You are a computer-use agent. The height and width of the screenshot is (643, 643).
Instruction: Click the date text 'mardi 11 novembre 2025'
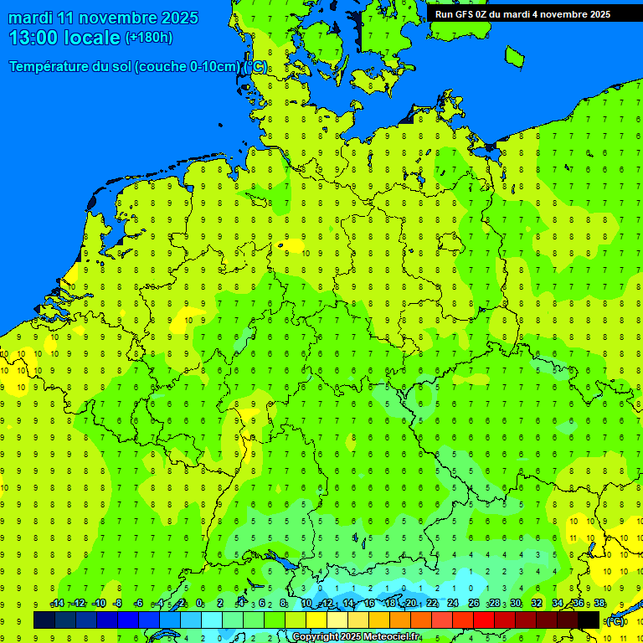coord(104,18)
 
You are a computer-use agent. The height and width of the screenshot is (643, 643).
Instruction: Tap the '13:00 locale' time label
coord(64,38)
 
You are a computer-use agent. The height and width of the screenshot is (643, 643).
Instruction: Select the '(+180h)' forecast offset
coord(149,38)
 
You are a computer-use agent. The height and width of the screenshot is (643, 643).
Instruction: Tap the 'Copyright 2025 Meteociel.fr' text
coord(356,637)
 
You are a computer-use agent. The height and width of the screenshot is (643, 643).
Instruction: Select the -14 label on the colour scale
coord(57,604)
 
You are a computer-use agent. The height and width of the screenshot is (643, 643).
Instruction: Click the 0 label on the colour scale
coord(199,604)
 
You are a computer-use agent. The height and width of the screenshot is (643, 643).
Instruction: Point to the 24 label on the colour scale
coord(453,604)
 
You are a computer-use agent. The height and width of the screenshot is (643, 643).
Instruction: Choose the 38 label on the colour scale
coord(599,604)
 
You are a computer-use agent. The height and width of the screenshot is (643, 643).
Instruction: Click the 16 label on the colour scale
coord(368,604)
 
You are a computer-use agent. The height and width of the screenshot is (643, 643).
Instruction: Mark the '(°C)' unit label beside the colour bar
coord(615,621)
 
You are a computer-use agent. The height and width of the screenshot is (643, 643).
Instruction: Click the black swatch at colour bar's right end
coord(589,620)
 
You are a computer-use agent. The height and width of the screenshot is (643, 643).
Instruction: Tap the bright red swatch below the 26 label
coord(484,620)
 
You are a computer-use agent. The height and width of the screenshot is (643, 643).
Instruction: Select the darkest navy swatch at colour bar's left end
coord(44,620)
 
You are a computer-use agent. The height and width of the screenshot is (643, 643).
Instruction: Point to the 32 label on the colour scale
coord(537,604)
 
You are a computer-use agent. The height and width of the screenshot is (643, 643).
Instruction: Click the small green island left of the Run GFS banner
coord(514,56)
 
